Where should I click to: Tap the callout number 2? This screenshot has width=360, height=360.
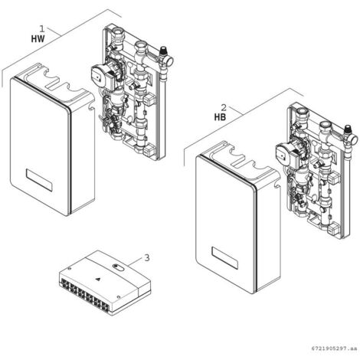[x=222, y=107]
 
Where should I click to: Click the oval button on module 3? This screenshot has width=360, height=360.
[x=116, y=269]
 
